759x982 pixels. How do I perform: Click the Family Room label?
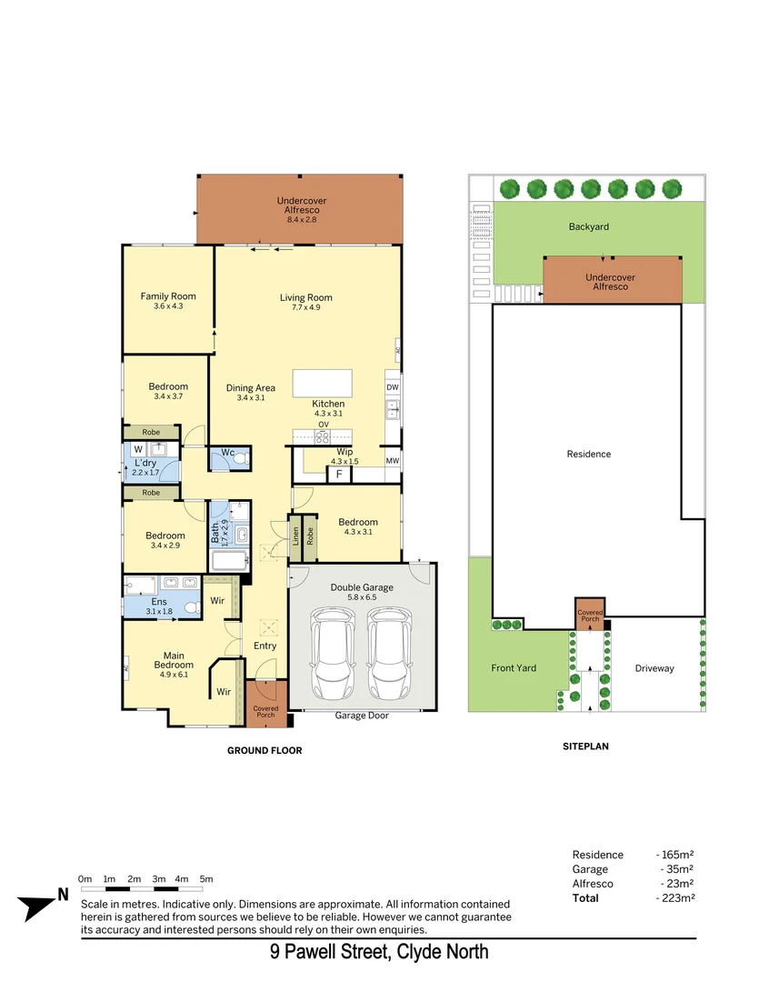coord(168,296)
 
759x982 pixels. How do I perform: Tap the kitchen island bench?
coord(322,383)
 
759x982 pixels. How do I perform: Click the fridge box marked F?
coord(339,475)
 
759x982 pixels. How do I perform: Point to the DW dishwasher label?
coord(393,387)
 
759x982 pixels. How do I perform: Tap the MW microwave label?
coord(393,461)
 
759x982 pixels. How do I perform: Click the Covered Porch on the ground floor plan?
coord(265,705)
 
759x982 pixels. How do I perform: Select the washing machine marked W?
coord(138,449)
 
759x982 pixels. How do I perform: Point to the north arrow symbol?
coord(40,904)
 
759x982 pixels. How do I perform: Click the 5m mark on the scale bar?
coord(206,879)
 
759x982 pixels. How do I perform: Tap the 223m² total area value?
coord(676,898)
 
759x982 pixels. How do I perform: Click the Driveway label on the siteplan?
coord(654,668)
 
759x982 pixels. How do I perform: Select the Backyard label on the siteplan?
coord(588,226)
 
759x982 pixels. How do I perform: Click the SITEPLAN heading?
coord(585,747)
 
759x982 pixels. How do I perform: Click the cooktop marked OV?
coord(323,436)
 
